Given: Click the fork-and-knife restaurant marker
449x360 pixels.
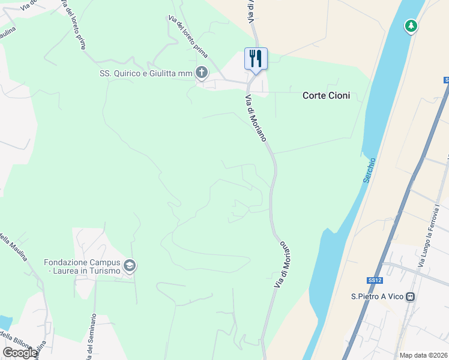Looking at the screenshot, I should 256,59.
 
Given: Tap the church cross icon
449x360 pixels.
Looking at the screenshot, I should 202,74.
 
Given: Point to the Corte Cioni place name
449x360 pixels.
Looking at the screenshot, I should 326,95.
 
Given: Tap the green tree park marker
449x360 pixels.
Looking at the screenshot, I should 411,26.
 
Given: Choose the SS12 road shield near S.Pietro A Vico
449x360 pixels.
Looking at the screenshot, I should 375,280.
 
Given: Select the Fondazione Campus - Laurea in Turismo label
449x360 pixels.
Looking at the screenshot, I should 82,266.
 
